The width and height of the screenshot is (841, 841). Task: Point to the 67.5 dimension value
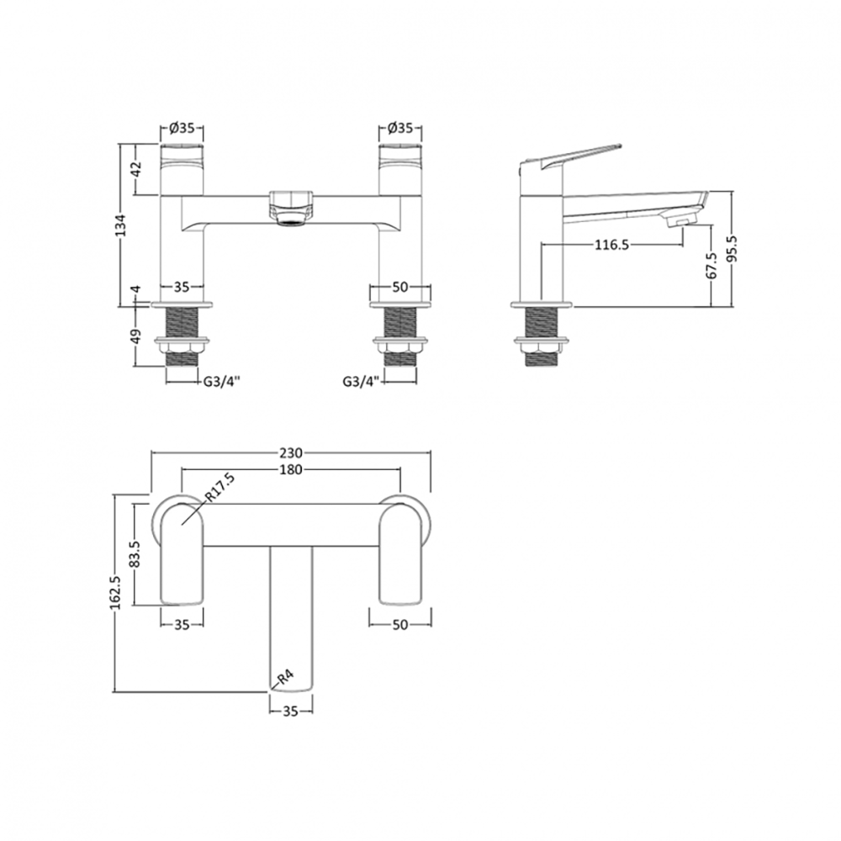pos(711,265)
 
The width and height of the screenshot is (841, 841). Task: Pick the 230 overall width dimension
pos(290,452)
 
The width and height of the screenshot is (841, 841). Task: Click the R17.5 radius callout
pos(219,490)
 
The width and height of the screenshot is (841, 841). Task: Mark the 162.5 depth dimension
pos(114,593)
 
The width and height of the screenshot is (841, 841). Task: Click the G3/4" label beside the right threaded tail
pos(360,380)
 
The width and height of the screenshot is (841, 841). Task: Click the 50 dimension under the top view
pos(399,624)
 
